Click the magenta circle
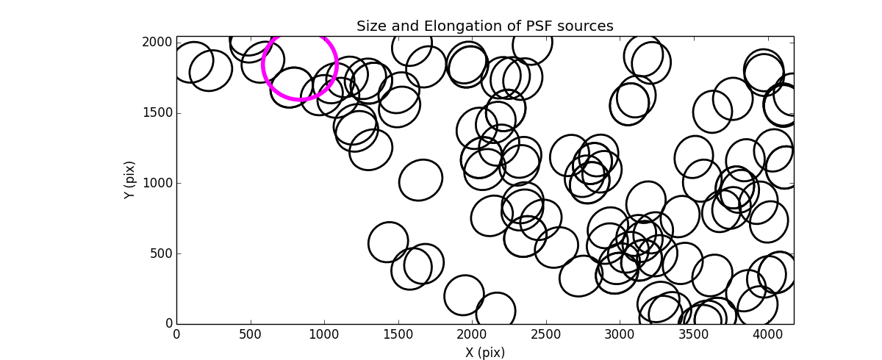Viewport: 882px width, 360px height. (x=300, y=65)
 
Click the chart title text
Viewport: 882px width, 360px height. (x=484, y=26)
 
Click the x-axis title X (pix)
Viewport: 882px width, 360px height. (x=484, y=353)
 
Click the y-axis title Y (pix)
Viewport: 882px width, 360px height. (x=130, y=180)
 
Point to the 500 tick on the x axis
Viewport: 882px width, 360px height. (x=250, y=334)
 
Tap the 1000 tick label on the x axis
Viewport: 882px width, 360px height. (x=324, y=334)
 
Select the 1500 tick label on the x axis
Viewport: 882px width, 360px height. (x=398, y=334)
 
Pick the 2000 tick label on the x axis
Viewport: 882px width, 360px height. (x=472, y=334)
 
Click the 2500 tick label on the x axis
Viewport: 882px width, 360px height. (x=545, y=334)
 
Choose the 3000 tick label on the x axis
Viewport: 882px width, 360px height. (x=619, y=334)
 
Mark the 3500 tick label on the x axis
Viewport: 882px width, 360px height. (x=693, y=334)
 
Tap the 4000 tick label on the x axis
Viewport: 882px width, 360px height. (x=767, y=334)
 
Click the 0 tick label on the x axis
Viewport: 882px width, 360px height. (x=176, y=334)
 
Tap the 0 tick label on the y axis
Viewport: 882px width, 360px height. (x=168, y=324)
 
